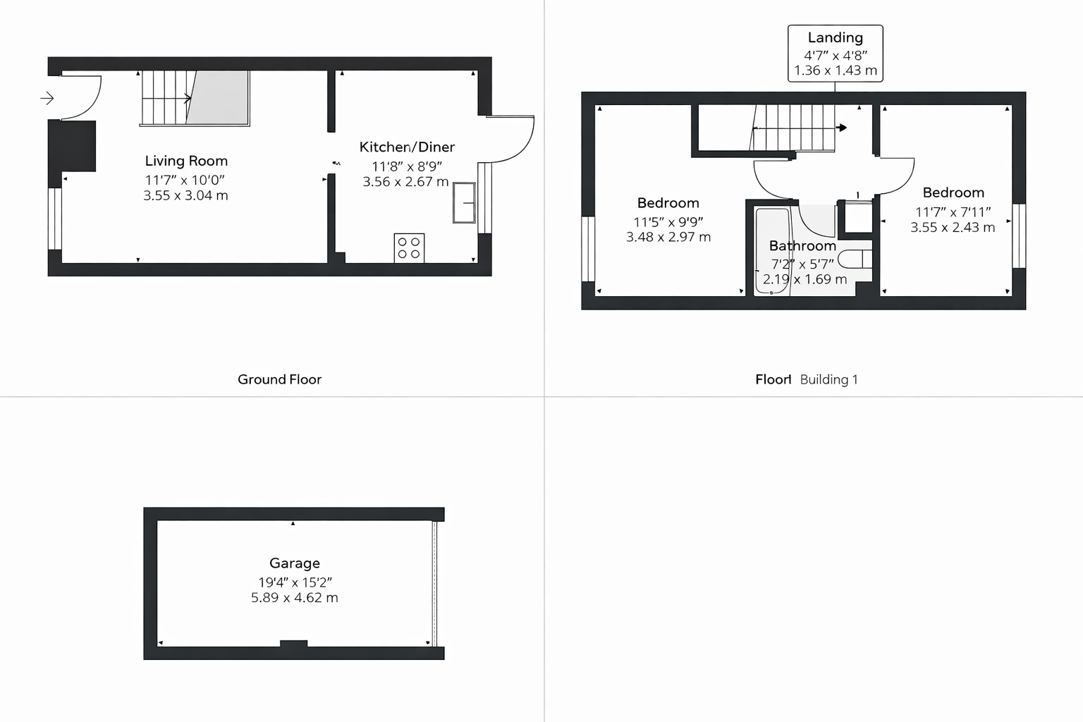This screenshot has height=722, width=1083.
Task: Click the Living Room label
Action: tap(186, 161)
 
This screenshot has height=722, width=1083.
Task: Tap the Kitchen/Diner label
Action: tap(407, 147)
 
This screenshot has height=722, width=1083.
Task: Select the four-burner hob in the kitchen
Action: tap(409, 248)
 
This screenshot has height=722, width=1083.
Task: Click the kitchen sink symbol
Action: tap(464, 203)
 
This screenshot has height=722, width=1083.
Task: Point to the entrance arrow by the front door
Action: tap(47, 98)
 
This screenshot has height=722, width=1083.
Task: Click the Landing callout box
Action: tap(835, 54)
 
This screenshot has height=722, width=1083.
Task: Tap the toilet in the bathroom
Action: tap(855, 259)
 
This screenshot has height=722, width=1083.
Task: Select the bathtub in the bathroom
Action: tap(773, 250)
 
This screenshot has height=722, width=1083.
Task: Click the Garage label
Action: tap(295, 563)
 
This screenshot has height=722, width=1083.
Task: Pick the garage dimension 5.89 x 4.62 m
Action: tap(295, 598)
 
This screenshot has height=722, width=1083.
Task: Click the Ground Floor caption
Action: tap(279, 379)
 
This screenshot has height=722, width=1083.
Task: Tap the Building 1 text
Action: tap(828, 379)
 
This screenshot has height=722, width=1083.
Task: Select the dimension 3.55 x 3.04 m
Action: tap(186, 195)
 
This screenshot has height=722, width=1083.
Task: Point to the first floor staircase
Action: tap(795, 128)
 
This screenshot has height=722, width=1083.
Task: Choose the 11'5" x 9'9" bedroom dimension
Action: tap(668, 221)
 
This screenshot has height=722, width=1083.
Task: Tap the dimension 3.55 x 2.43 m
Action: tap(953, 227)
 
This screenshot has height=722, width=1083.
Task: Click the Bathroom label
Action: tap(802, 245)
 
